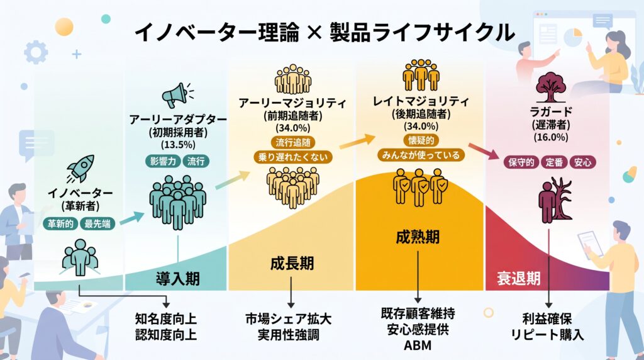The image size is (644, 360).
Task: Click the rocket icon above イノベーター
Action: click(80, 168)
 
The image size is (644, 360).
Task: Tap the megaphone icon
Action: click(177, 95)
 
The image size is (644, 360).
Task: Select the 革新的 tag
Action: click(60, 223)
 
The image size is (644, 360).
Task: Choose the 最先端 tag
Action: click(97, 223)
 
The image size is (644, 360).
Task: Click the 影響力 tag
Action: click(163, 161)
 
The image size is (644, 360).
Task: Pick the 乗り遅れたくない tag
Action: click(293, 157)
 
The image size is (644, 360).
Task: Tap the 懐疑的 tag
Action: click(421, 140)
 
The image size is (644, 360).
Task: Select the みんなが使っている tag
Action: click(421, 155)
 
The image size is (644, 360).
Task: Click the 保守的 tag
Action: click(521, 162)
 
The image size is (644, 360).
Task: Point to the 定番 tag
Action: click(554, 162)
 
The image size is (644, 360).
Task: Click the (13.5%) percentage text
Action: click(178, 145)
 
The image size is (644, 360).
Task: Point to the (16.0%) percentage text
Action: click(551, 137)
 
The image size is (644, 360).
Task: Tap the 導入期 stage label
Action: click(178, 279)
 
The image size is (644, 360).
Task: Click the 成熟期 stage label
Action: click(418, 237)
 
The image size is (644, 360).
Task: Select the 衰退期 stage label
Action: click(519, 279)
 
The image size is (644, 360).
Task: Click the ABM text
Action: click(418, 346)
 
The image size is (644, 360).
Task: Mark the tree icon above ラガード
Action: click(551, 87)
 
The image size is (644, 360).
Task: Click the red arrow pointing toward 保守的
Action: click(484, 151)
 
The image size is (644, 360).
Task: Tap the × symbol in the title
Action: click(314, 33)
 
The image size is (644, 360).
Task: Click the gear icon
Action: click(36, 52)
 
